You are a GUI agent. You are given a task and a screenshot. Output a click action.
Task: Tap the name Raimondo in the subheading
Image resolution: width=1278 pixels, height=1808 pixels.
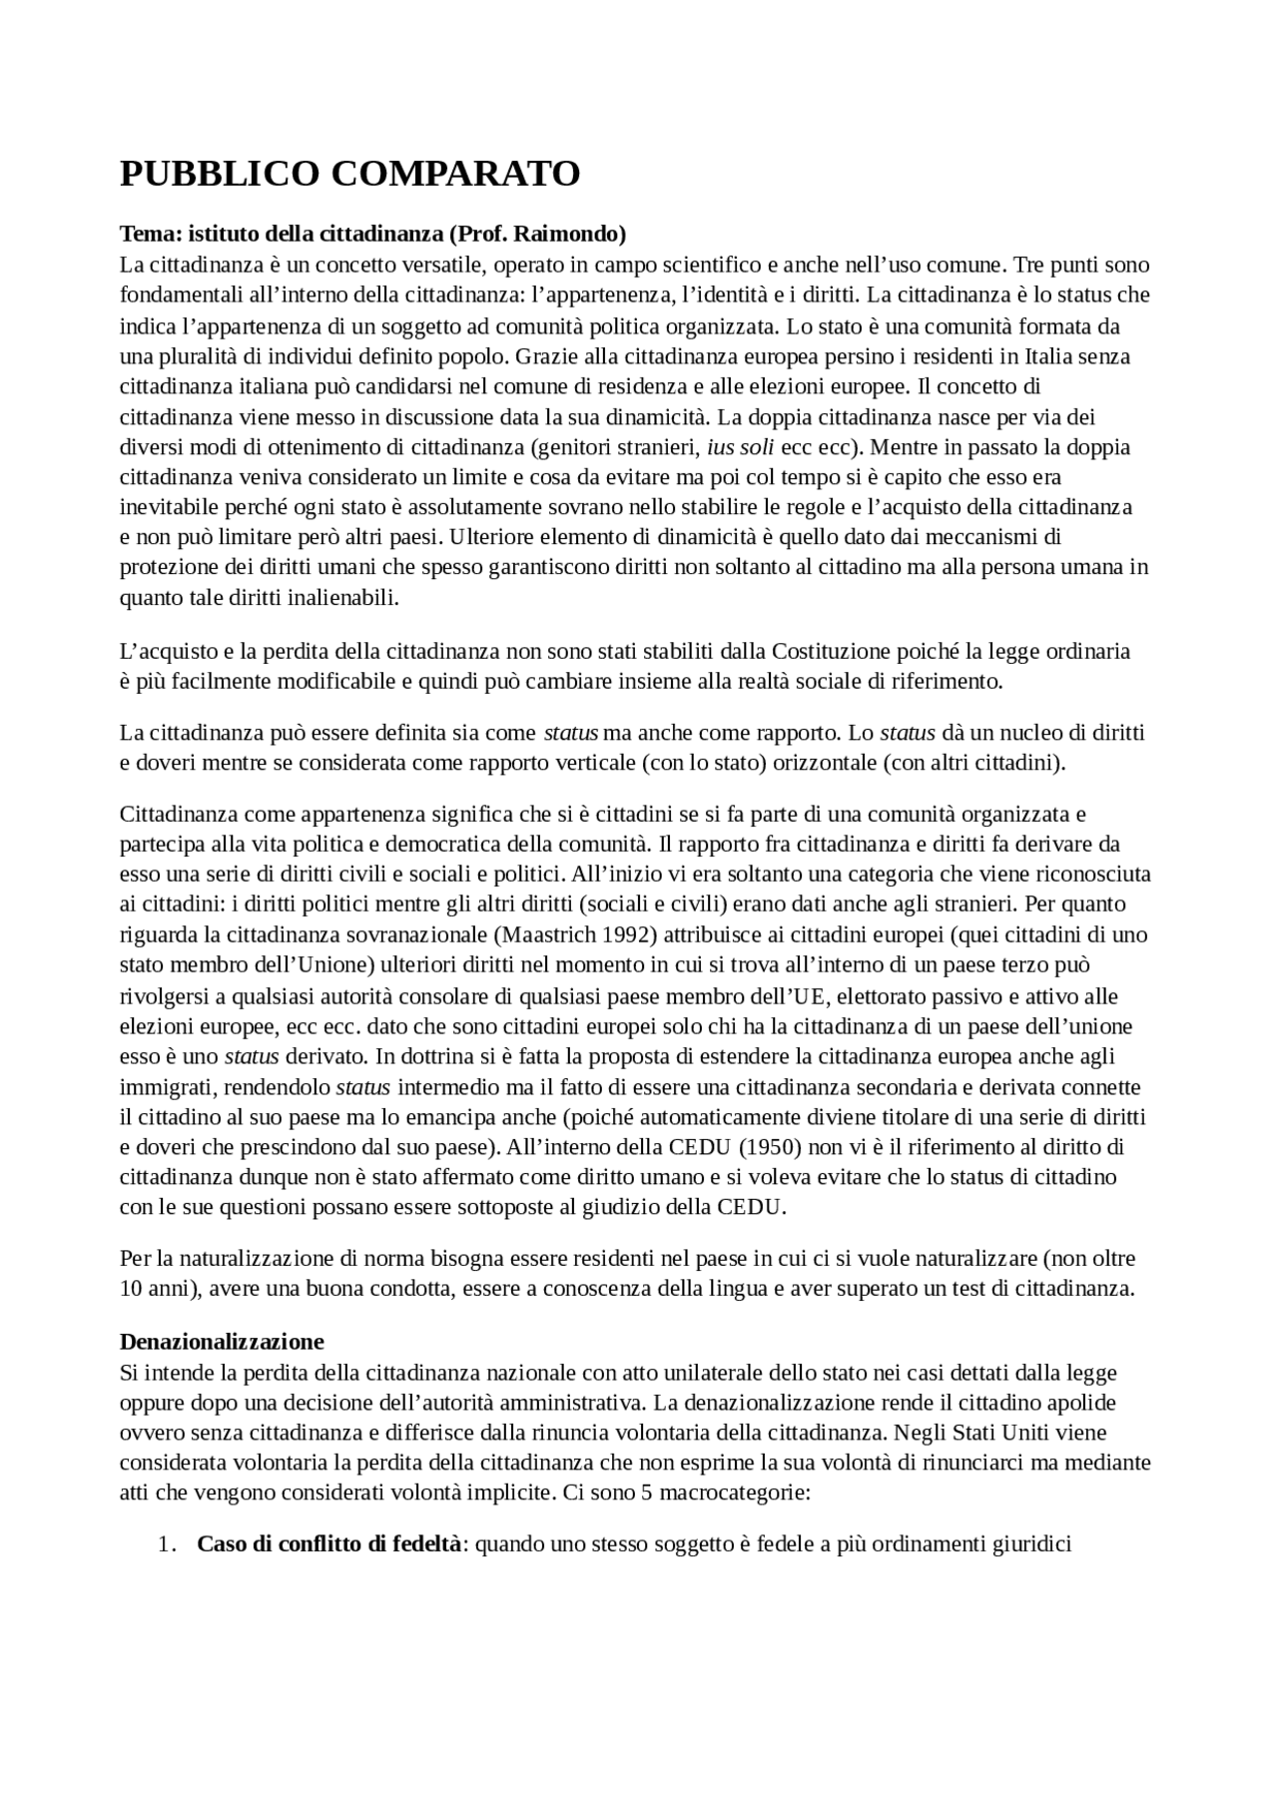(574, 234)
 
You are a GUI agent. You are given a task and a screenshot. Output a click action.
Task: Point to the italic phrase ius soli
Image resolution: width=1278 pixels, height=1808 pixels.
(741, 446)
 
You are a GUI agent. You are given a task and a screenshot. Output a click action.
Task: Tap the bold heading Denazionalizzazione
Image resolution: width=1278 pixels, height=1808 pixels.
(222, 1341)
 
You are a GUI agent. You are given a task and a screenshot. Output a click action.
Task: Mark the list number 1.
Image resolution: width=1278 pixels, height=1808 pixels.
(166, 1544)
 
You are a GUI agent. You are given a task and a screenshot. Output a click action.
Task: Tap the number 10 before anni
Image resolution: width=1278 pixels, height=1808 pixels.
(131, 1288)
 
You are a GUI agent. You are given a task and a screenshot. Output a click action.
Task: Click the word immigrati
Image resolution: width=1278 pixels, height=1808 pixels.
(162, 1087)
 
